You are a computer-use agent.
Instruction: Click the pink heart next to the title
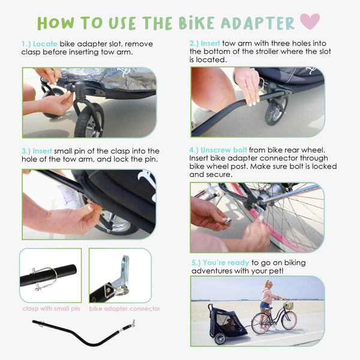310,21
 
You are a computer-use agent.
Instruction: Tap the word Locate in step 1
46,44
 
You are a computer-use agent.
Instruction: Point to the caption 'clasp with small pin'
50,309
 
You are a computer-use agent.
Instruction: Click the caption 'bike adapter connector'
124,309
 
